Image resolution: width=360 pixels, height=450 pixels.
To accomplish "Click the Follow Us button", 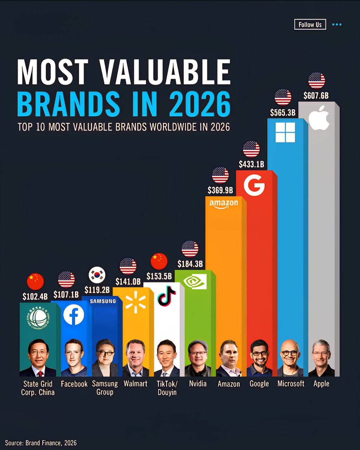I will [x=310, y=25].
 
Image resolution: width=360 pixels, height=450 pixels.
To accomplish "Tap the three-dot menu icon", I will [x=337, y=25].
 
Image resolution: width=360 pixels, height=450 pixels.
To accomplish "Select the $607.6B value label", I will [x=316, y=95].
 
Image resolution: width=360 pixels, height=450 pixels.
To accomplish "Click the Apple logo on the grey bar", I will [x=319, y=118].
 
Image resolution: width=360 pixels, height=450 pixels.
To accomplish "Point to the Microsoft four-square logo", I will [x=285, y=132].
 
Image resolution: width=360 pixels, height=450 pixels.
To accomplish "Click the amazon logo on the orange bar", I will [x=223, y=204].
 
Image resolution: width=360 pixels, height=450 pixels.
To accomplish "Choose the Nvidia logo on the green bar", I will [x=195, y=282].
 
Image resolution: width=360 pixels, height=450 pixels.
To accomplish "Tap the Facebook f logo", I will [x=73, y=315].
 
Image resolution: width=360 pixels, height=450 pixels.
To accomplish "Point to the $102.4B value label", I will [x=35, y=297].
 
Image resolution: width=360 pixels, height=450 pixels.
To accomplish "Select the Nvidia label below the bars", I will [x=198, y=384].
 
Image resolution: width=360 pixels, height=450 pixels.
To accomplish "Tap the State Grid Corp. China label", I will [x=38, y=388].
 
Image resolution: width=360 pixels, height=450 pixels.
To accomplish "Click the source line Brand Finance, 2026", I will [x=41, y=443].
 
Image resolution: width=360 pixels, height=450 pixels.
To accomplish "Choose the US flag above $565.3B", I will [x=283, y=97].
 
